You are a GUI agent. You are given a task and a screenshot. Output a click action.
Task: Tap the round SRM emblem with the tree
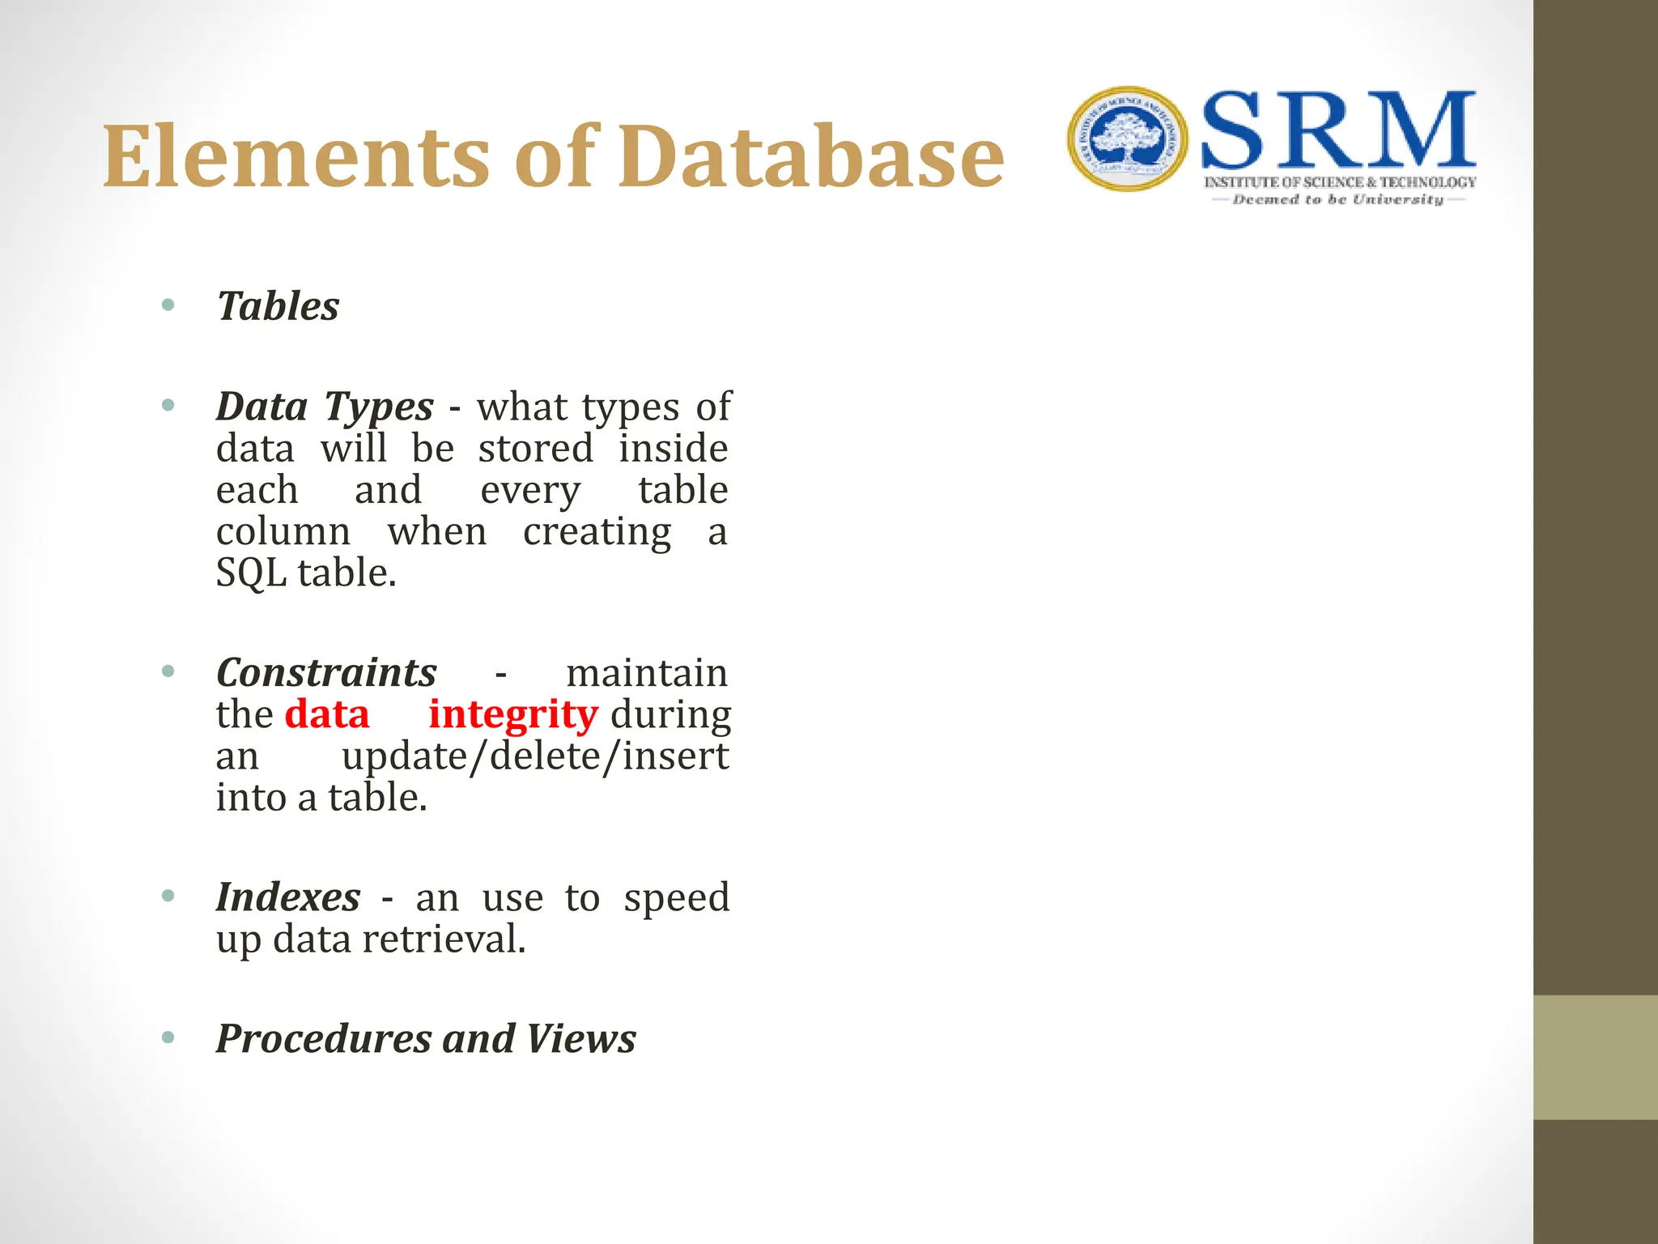pos(1127,139)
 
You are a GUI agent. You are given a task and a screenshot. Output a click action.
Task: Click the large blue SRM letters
pos(1338,130)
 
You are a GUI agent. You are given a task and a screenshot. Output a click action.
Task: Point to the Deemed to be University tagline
pos(1337,199)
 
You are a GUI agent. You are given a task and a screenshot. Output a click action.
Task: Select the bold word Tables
pos(278,306)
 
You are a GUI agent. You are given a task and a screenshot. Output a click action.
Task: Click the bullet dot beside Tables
pos(168,305)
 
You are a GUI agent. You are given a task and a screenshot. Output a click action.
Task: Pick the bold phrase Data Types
pos(325,406)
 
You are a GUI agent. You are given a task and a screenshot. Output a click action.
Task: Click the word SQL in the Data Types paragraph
pos(251,573)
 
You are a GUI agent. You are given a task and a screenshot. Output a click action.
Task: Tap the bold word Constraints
pos(326,672)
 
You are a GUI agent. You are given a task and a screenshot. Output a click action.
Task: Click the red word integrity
pos(513,714)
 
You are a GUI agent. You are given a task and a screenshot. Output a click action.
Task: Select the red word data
pos(327,714)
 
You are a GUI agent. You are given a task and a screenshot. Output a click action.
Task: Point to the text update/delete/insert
pos(534,756)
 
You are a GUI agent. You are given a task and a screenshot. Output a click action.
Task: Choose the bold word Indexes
pos(287,897)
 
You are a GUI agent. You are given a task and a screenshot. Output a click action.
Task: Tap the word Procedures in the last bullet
pos(324,1038)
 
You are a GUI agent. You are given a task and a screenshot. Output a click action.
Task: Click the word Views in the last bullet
pos(580,1038)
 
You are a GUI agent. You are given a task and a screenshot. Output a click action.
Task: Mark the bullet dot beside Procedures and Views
pos(168,1037)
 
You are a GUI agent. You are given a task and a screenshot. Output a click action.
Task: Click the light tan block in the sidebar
pos(1595,1057)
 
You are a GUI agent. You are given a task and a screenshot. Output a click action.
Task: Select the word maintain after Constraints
pos(646,673)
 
